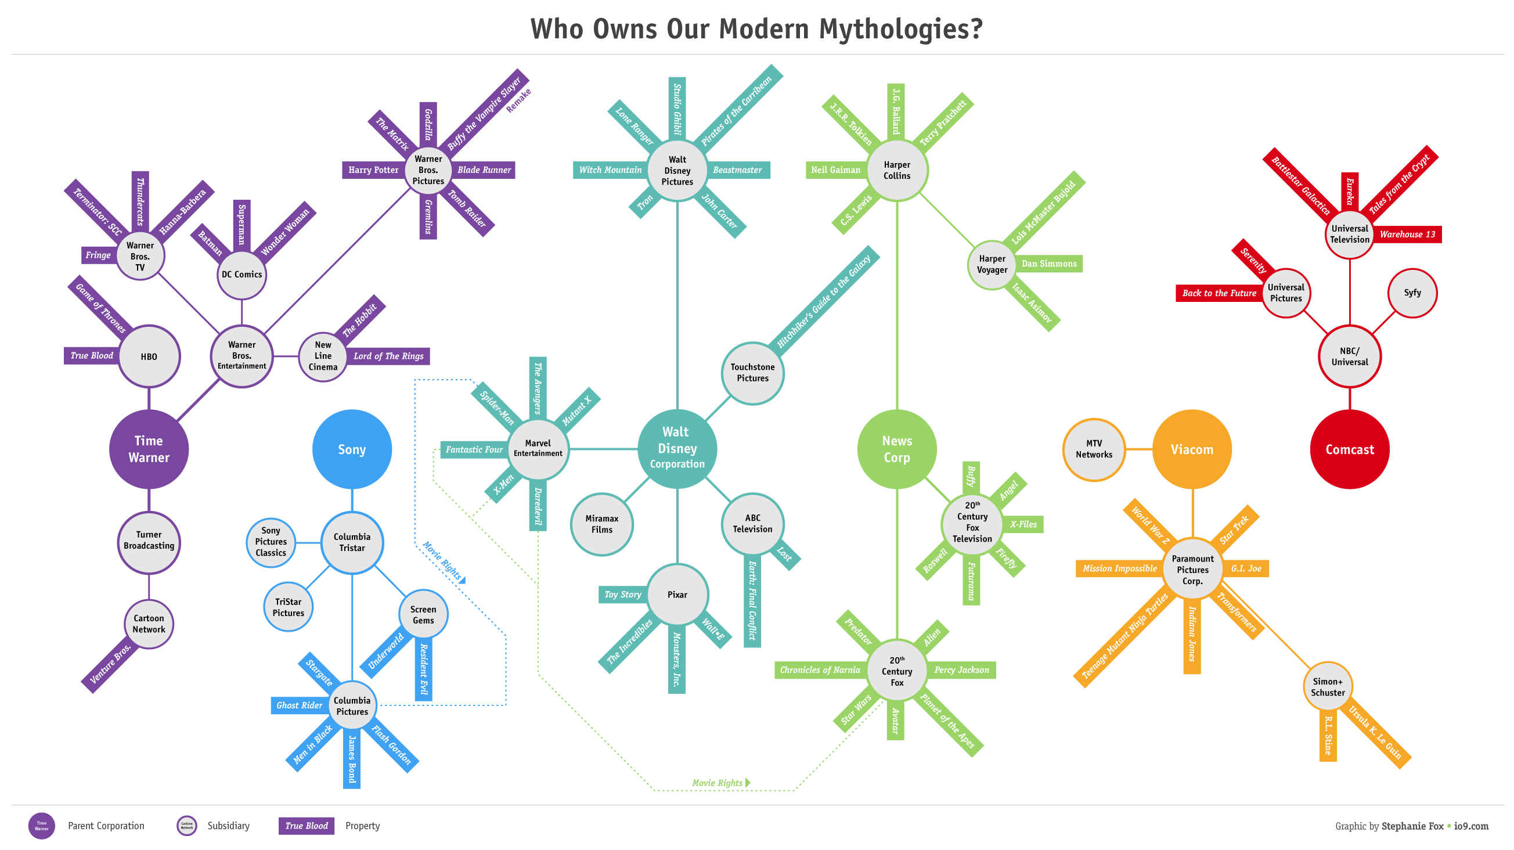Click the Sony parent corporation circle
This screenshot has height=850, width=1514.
point(351,449)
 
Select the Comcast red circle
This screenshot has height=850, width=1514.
point(1350,449)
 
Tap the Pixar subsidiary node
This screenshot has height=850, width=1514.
point(677,595)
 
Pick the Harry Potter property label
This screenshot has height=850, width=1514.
point(373,170)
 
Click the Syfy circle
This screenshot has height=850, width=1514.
point(1412,293)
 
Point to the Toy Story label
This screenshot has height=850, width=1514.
point(622,595)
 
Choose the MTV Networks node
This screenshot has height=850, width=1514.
point(1094,449)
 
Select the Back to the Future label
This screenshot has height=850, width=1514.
point(1219,293)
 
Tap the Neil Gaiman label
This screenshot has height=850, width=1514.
point(835,170)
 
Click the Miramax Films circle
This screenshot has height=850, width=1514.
point(602,524)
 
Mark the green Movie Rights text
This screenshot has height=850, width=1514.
point(717,783)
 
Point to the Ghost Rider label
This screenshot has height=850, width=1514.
point(299,705)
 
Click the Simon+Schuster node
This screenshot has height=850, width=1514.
point(1328,687)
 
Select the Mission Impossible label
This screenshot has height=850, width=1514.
point(1119,568)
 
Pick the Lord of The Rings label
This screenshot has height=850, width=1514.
point(388,356)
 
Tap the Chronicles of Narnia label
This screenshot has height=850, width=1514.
point(819,669)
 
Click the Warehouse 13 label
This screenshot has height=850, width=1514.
point(1407,234)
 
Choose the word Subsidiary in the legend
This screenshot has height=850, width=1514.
point(228,825)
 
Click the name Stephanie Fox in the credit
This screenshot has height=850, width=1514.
point(1412,826)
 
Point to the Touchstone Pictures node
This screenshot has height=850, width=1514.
point(752,373)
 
